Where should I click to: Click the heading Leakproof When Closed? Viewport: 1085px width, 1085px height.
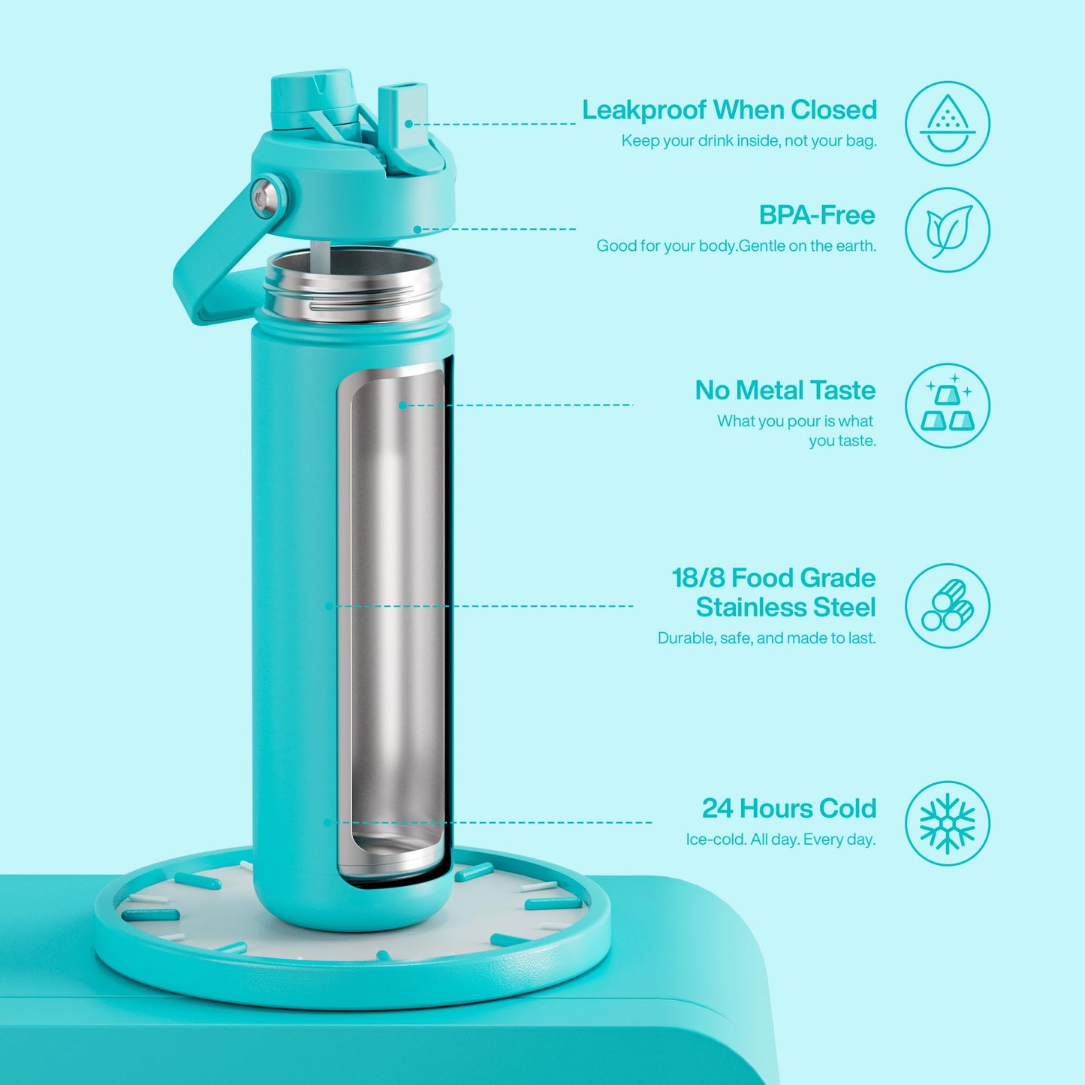point(729,110)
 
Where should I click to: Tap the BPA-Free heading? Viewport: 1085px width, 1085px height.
point(817,215)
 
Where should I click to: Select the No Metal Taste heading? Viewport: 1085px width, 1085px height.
point(785,390)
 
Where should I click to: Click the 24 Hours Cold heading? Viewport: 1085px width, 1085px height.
point(788,809)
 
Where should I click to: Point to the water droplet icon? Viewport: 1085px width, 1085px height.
point(948,123)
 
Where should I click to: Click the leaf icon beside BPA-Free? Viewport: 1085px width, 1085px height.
point(948,230)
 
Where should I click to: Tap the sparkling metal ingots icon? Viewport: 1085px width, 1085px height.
point(948,406)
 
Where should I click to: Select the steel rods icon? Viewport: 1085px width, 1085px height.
point(948,606)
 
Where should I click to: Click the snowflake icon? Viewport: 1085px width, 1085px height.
point(948,823)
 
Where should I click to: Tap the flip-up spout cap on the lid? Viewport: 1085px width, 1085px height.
point(403,113)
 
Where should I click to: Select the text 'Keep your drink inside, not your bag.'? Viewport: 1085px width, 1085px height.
point(749,141)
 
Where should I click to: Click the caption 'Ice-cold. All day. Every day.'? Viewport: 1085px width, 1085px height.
point(780,839)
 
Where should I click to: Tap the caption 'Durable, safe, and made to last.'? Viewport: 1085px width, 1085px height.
point(767,638)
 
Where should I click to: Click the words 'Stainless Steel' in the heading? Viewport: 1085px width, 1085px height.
point(785,607)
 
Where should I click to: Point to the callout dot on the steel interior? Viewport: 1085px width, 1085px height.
point(402,405)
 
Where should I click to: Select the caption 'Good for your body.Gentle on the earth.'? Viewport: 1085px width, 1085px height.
point(736,246)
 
